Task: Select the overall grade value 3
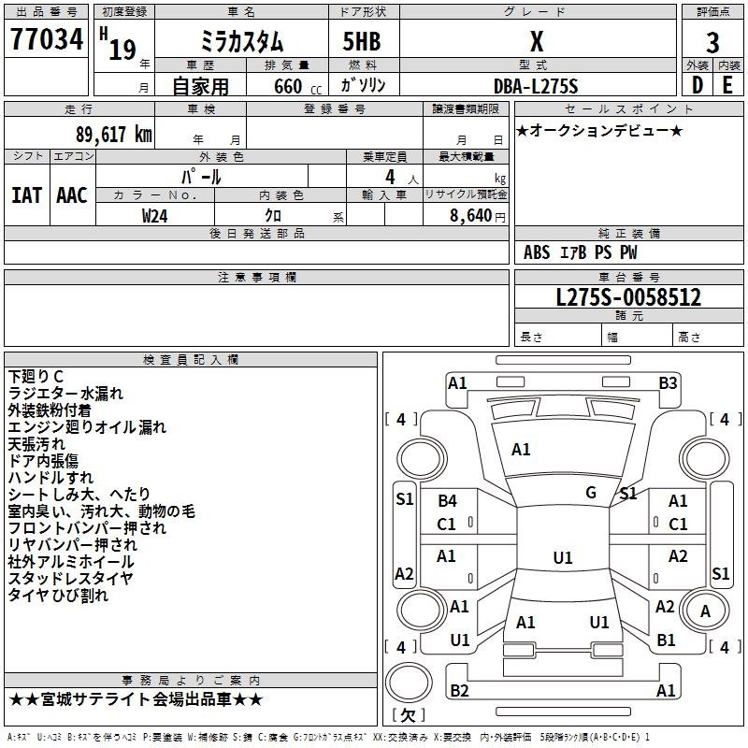[x=712, y=43]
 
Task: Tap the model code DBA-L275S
[x=536, y=86]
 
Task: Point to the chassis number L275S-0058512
[x=628, y=298]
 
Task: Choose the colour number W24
[x=155, y=215]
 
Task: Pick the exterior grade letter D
[x=697, y=85]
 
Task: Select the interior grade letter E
[x=727, y=85]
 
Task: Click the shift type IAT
[x=26, y=195]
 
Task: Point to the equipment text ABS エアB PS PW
[x=581, y=252]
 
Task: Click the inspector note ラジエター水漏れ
[x=65, y=394]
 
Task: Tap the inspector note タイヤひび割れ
[x=58, y=595]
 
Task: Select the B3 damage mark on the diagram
[x=668, y=382]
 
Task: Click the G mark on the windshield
[x=591, y=492]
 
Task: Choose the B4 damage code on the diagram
[x=448, y=501]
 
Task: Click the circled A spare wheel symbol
[x=706, y=611]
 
